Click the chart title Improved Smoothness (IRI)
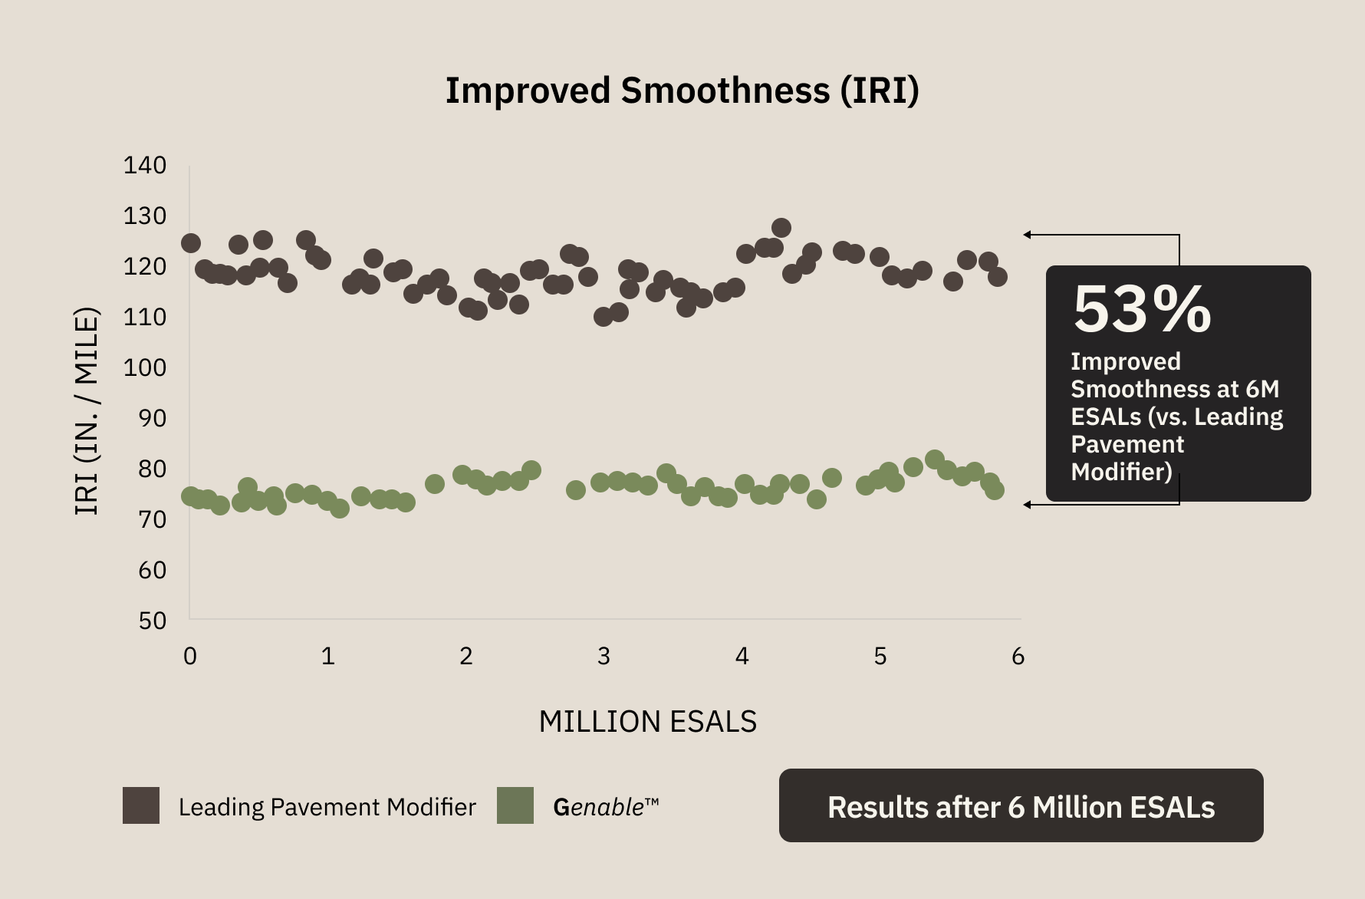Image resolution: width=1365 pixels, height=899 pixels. (682, 91)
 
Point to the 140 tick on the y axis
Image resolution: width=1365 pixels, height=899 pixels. (145, 165)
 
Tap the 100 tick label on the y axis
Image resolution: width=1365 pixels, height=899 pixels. (145, 367)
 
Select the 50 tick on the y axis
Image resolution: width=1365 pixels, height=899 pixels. (153, 621)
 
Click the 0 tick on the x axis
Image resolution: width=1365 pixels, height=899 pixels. (190, 656)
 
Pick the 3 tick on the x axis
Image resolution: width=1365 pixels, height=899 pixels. (604, 656)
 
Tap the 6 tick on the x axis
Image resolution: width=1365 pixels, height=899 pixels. (1018, 656)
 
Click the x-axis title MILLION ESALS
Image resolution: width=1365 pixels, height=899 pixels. (648, 722)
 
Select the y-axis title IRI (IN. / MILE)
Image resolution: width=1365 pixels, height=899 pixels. (87, 411)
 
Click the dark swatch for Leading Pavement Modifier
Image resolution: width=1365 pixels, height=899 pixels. (141, 805)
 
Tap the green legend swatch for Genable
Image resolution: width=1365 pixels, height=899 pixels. (515, 805)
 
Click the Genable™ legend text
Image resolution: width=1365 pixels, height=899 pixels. (606, 807)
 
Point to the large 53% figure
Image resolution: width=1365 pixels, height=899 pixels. (1142, 310)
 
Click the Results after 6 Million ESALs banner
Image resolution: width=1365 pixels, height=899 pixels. (1021, 805)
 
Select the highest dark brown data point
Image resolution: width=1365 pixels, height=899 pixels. (781, 228)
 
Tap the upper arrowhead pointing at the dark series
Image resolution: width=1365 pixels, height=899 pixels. (1028, 235)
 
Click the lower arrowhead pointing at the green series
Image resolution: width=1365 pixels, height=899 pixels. (1028, 505)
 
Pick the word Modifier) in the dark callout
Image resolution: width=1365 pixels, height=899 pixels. (1122, 472)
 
